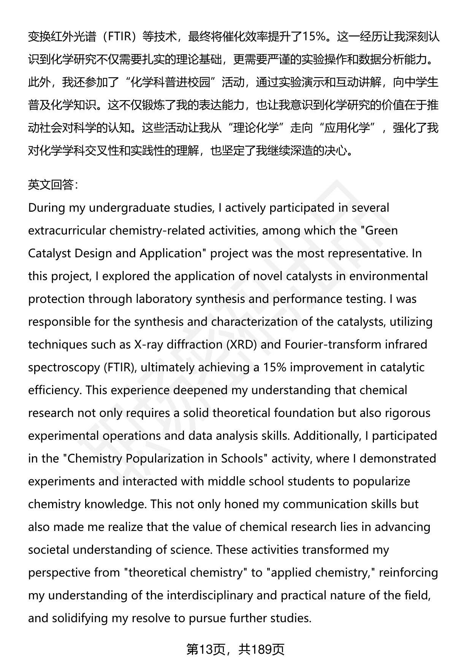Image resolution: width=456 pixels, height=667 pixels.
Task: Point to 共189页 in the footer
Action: pyautogui.click(x=262, y=650)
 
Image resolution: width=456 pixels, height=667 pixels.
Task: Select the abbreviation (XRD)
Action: pyautogui.click(x=227, y=345)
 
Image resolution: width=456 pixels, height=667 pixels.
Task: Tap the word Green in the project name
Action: pyautogui.click(x=382, y=231)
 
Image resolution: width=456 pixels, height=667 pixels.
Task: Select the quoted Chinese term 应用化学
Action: pyautogui.click(x=347, y=128)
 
